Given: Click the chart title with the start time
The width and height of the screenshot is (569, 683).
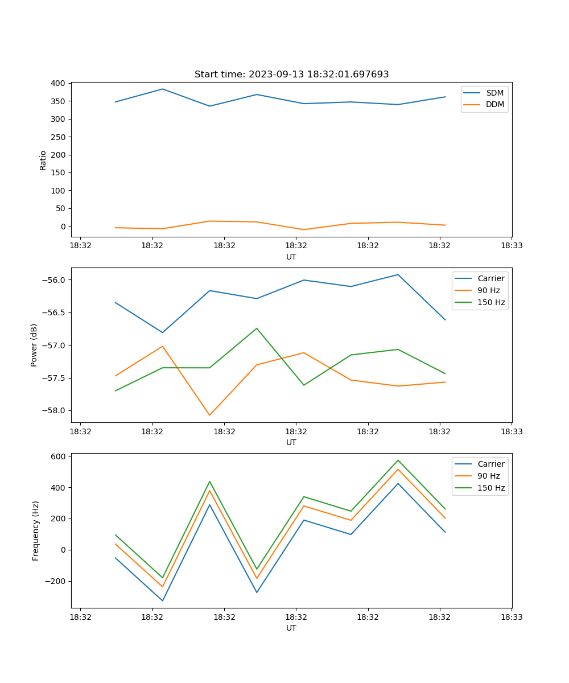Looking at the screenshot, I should click(291, 75).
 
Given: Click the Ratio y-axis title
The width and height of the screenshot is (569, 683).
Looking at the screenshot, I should click(43, 160).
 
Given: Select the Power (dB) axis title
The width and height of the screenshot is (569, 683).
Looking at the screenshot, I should click(34, 345).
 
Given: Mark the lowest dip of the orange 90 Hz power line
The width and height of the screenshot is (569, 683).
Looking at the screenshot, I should click(209, 415).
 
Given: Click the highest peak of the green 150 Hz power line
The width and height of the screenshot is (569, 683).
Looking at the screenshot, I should click(257, 328).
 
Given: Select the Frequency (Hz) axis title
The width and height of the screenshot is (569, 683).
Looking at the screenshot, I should click(36, 530).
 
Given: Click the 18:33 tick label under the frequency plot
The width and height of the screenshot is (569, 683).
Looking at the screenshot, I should click(512, 617).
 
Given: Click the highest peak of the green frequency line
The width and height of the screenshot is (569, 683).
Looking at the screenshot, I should click(398, 460).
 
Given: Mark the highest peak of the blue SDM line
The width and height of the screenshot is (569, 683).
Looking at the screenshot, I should click(162, 89).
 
